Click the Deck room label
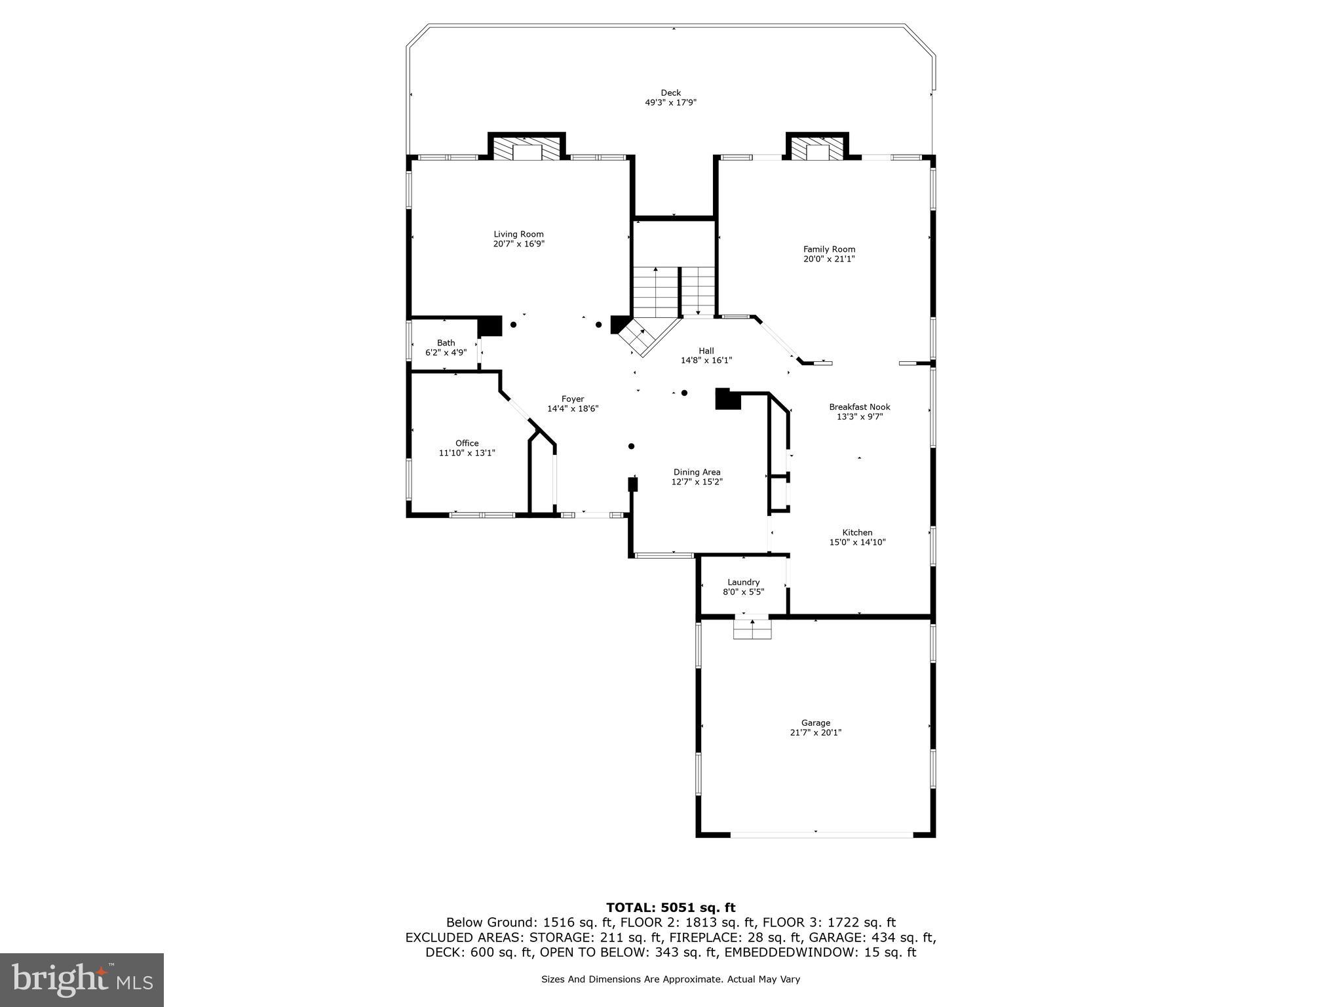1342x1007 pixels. [670, 93]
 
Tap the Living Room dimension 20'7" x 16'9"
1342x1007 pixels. [518, 244]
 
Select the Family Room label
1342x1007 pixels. [829, 249]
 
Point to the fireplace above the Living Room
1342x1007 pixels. [527, 149]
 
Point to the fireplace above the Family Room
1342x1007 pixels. [817, 149]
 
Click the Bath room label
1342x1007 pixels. [446, 343]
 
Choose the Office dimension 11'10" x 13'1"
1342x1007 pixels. [467, 453]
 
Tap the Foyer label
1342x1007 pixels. [572, 399]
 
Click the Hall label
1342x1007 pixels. [706, 351]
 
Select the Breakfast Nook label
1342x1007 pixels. [859, 407]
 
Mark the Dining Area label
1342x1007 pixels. [697, 472]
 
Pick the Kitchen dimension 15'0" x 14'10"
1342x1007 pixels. [857, 542]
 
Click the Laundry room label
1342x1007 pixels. [743, 582]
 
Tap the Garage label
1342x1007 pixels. [815, 723]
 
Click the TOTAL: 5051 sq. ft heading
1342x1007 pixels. [670, 908]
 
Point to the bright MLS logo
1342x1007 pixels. [82, 980]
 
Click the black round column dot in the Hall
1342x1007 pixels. [684, 393]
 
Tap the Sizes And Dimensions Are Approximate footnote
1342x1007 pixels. [670, 979]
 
